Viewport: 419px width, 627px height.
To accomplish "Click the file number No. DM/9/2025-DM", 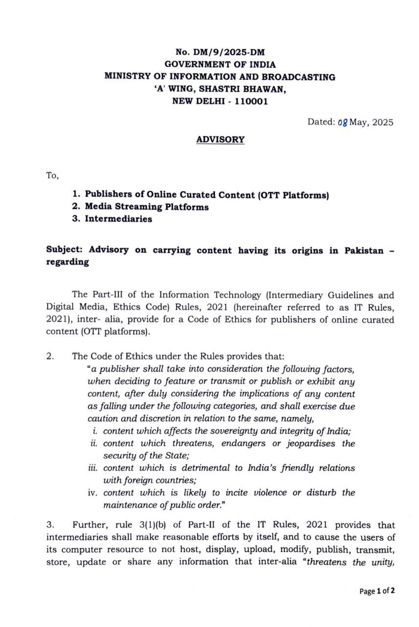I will point(220,52).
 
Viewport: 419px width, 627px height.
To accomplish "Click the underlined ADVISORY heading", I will point(220,140).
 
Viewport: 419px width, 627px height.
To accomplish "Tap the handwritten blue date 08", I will point(343,123).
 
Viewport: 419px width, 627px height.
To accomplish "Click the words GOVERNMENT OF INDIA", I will point(220,64).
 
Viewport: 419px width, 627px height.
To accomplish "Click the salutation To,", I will point(52,175).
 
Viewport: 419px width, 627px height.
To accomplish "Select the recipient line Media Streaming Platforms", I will point(147,207).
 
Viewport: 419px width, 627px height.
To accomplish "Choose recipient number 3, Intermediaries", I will point(118,219).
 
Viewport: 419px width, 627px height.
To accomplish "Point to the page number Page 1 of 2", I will point(377,591).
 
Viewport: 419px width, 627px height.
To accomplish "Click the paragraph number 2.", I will point(51,356).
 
